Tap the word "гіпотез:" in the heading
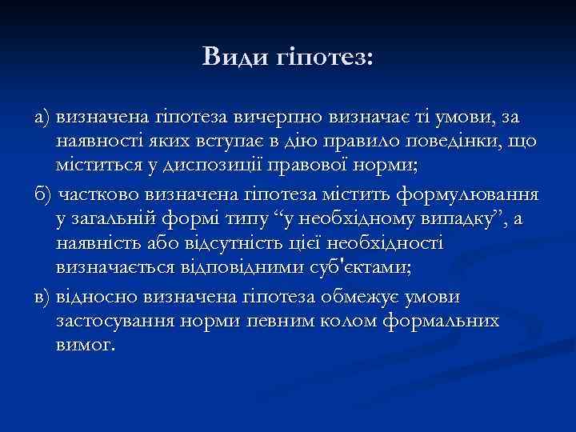click(x=334, y=58)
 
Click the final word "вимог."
click(x=86, y=346)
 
